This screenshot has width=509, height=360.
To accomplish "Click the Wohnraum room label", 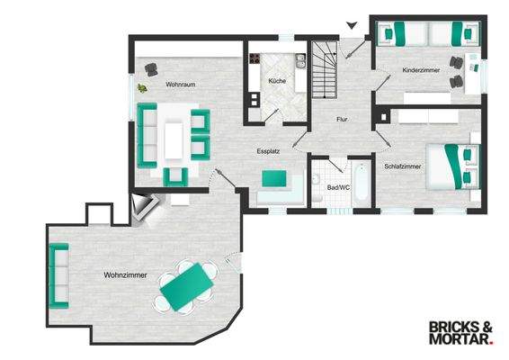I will (181, 85).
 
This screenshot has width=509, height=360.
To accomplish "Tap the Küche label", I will (276, 83).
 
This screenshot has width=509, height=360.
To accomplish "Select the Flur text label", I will (342, 119).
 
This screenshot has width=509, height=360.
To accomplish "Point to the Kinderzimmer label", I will (421, 69).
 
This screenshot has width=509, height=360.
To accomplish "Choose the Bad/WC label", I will (338, 188).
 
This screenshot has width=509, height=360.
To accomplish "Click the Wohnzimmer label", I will (125, 274).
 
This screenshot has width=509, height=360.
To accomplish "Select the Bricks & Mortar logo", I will (460, 333).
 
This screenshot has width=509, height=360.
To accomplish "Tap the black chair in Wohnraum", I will (152, 68).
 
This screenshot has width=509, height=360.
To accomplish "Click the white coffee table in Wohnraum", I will (174, 138).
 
